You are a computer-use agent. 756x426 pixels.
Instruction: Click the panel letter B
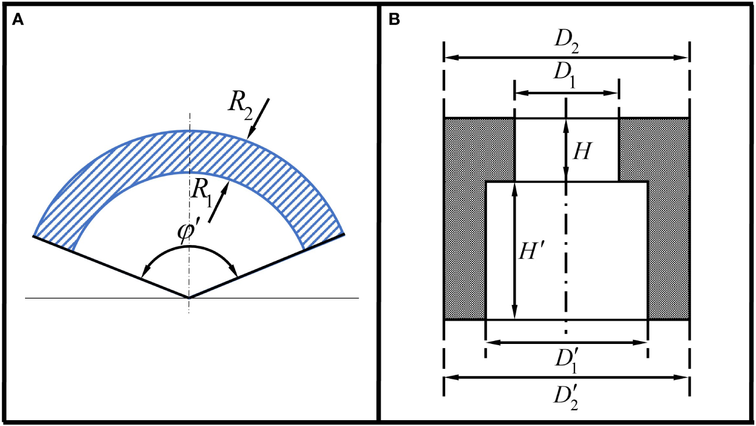click(x=394, y=20)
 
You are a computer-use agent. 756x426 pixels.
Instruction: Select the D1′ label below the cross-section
click(x=566, y=361)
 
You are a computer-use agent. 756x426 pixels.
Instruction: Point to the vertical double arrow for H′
click(x=514, y=251)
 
